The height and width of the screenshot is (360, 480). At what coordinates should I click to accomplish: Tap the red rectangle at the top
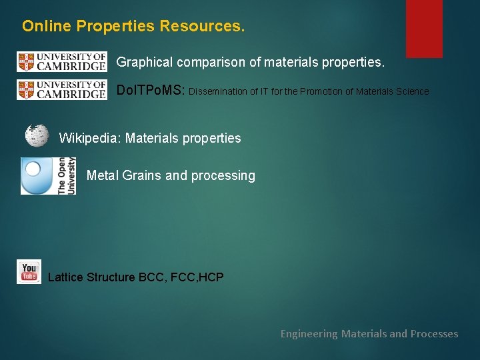(x=424, y=28)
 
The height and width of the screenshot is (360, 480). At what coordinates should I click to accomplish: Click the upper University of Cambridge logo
(x=61, y=62)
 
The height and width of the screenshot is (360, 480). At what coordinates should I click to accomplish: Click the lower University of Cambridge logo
(x=61, y=90)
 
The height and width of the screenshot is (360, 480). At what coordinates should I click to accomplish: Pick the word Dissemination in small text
(x=219, y=91)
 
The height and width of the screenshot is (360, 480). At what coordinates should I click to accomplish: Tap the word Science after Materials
(x=413, y=91)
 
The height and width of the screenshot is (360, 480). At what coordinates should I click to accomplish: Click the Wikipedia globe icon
(x=37, y=135)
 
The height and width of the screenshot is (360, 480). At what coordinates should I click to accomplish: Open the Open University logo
(x=47, y=176)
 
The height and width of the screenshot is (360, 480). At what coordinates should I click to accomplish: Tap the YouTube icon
(x=29, y=272)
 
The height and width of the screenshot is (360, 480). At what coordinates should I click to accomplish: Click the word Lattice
(x=66, y=277)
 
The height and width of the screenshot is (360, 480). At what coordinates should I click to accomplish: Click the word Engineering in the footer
(x=309, y=333)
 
